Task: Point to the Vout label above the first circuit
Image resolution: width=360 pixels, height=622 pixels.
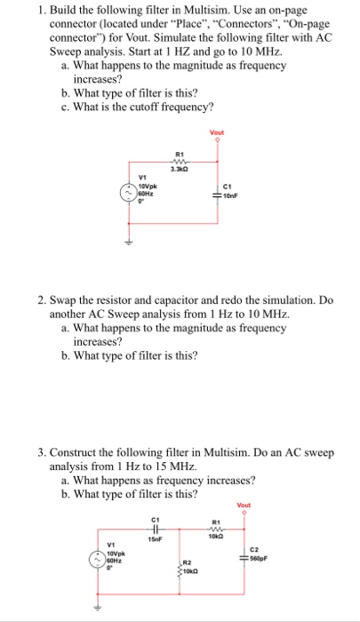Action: (216, 133)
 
